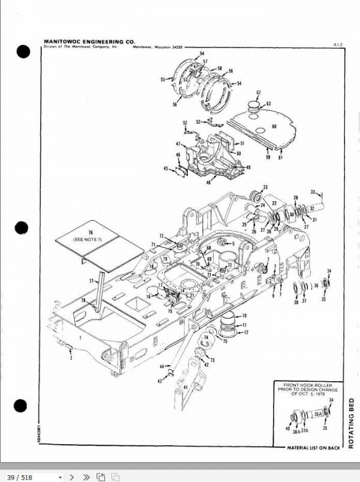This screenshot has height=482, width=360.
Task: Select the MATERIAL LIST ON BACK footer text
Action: (314, 447)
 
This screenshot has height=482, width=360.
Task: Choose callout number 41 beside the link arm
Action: (185, 387)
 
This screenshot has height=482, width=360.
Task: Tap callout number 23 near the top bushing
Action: (265, 187)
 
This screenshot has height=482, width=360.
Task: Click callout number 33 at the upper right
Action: (313, 192)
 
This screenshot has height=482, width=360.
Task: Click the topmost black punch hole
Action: (23, 52)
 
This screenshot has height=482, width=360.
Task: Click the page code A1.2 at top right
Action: (337, 44)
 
